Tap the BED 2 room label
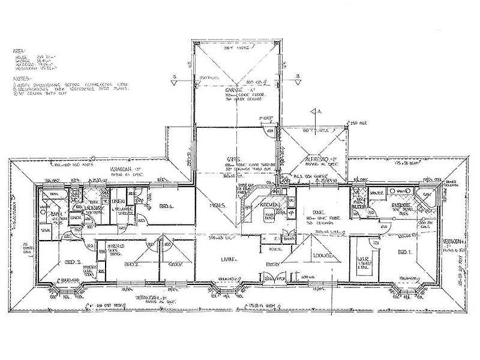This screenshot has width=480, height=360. click(131, 264)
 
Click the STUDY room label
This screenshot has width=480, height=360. click(175, 264)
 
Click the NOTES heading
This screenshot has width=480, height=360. click(19, 79)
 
